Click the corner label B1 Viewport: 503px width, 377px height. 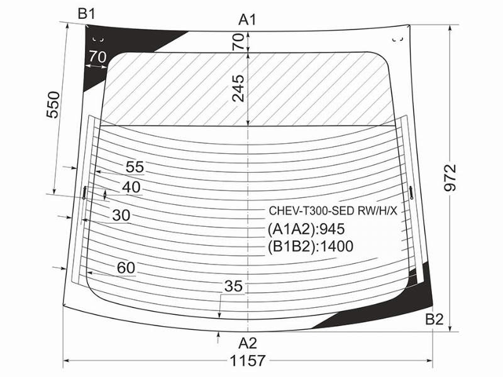[x=87, y=14]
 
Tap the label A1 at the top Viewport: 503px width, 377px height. [x=247, y=20]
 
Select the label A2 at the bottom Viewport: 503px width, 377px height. [x=248, y=343]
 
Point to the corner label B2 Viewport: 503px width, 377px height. [x=434, y=319]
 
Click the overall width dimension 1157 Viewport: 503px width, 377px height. [x=248, y=361]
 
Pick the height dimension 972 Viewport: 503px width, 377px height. [x=450, y=178]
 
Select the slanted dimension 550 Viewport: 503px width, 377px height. [x=53, y=105]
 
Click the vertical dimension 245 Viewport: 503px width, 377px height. [x=238, y=88]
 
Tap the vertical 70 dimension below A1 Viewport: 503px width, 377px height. [x=238, y=41]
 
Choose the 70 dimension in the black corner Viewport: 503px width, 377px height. [x=97, y=57]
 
